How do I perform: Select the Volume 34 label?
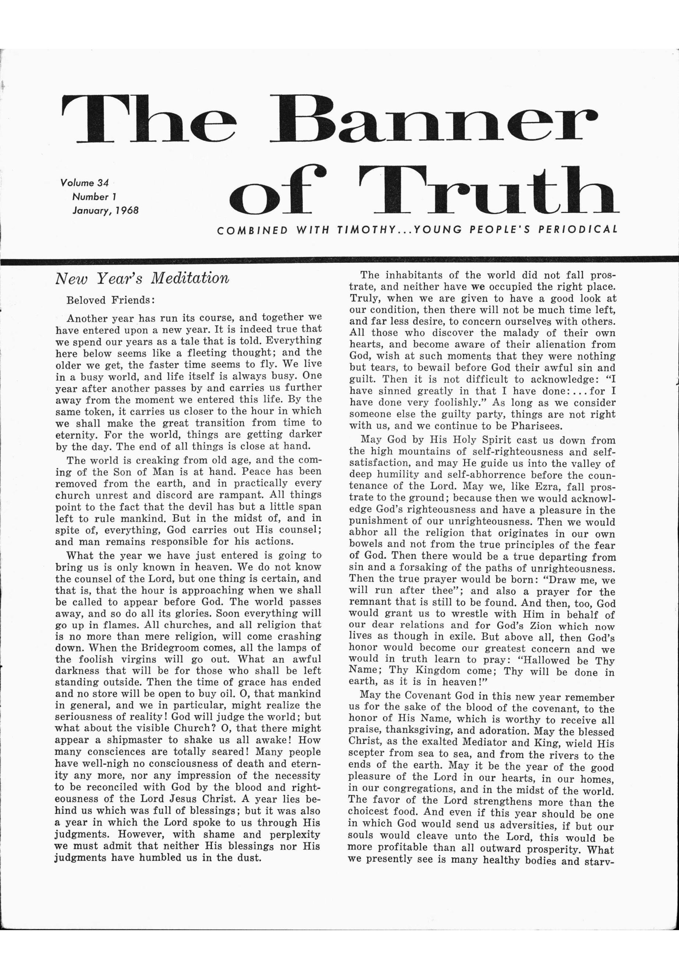[x=85, y=183]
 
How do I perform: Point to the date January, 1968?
[x=106, y=210]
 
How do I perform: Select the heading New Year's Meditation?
[x=142, y=278]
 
